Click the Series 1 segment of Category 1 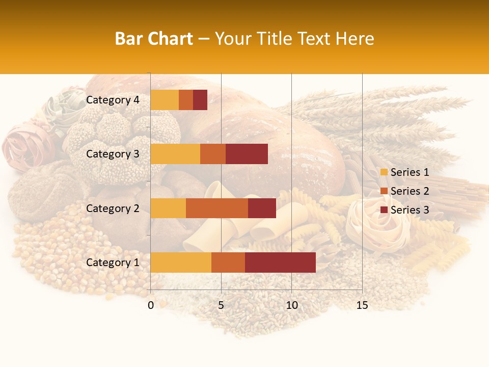point(181,263)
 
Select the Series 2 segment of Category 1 point(228,263)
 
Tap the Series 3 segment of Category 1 point(280,263)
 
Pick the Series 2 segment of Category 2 point(217,208)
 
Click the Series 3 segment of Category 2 point(262,208)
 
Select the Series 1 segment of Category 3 point(175,154)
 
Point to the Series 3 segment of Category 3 point(247,154)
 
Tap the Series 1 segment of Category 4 point(165,100)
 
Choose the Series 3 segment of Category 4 point(200,100)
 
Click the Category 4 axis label point(113,100)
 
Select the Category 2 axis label point(113,208)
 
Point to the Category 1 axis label point(113,263)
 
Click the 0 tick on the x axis point(151,305)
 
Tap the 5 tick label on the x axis point(221,305)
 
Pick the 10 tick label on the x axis point(291,305)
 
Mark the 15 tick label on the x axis point(362,305)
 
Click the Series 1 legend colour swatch point(384,172)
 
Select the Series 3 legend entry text point(410,210)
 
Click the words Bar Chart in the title point(154,39)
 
